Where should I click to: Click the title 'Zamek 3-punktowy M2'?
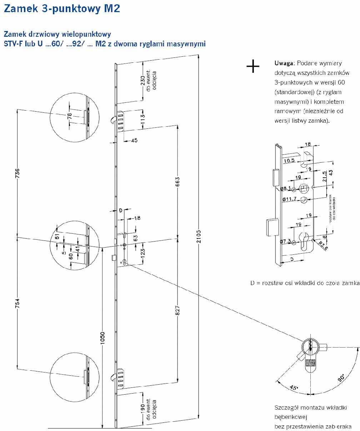(x=61, y=9)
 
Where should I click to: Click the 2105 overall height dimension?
(x=199, y=236)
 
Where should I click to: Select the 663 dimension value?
(x=177, y=181)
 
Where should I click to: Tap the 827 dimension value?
(x=177, y=311)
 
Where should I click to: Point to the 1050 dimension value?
(x=102, y=338)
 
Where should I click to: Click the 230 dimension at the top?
(x=143, y=81)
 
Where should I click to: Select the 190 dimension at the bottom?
(x=143, y=409)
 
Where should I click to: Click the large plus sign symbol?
(x=253, y=66)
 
